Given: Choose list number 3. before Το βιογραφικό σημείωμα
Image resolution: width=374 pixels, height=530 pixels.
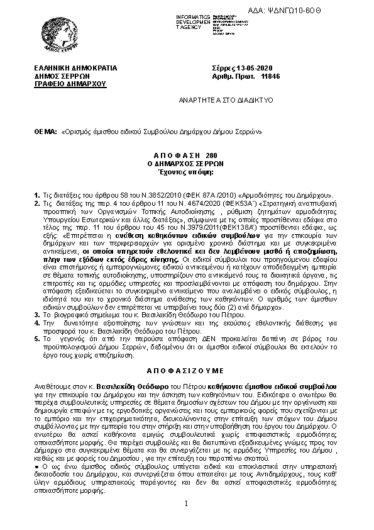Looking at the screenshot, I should click(36, 313).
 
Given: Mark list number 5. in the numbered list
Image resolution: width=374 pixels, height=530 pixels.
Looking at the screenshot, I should click(36, 339).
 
